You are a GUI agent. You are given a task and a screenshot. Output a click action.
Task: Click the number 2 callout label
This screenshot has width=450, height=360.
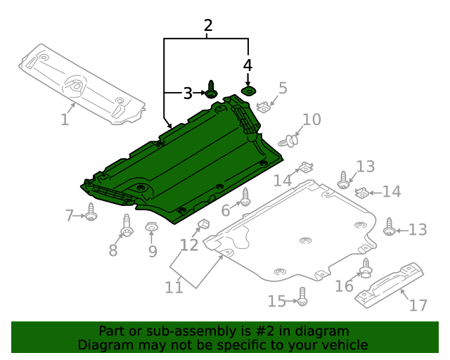[x=208, y=26]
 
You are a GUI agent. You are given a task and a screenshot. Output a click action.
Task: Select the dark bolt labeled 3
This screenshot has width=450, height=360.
[x=211, y=91]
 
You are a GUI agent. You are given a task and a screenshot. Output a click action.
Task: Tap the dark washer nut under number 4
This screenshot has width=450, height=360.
[x=248, y=91]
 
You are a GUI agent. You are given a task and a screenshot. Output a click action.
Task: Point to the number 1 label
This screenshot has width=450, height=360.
[x=65, y=120]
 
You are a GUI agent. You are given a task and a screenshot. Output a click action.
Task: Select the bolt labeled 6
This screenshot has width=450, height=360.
[x=245, y=198]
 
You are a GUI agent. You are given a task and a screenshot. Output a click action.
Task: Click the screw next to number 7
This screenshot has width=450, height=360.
[x=91, y=212]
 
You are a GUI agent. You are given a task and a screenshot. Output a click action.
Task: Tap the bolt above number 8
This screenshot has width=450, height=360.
[x=127, y=225]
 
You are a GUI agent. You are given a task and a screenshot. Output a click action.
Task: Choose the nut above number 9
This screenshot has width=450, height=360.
[x=151, y=226]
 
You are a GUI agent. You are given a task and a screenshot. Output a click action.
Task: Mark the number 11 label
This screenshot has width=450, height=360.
[x=174, y=286]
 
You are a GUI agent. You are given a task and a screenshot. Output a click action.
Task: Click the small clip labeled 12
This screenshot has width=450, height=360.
[x=202, y=225]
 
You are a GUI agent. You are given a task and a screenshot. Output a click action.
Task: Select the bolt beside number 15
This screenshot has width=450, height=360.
[x=302, y=297]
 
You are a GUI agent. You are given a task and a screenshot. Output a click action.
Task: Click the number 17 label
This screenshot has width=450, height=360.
[x=418, y=305]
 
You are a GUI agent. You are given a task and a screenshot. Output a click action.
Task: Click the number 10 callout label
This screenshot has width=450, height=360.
[x=311, y=120]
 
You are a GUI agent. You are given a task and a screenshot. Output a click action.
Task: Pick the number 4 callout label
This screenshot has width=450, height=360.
[x=247, y=65]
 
